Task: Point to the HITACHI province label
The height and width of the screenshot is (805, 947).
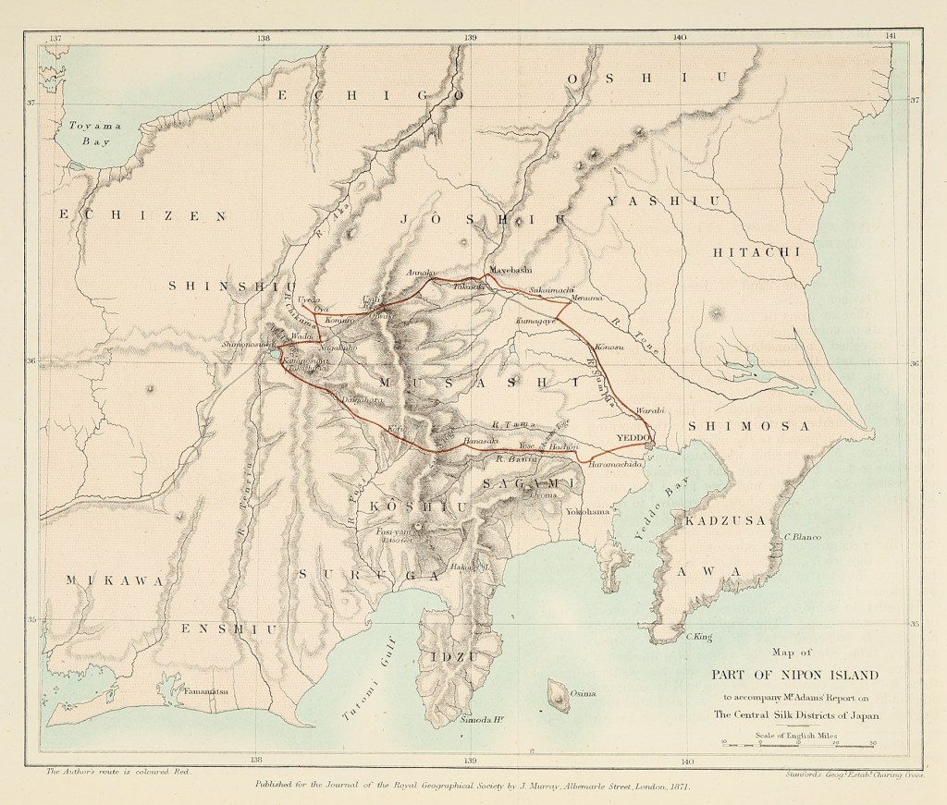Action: (x=756, y=252)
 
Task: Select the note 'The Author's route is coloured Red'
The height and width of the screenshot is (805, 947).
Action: (x=117, y=769)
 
